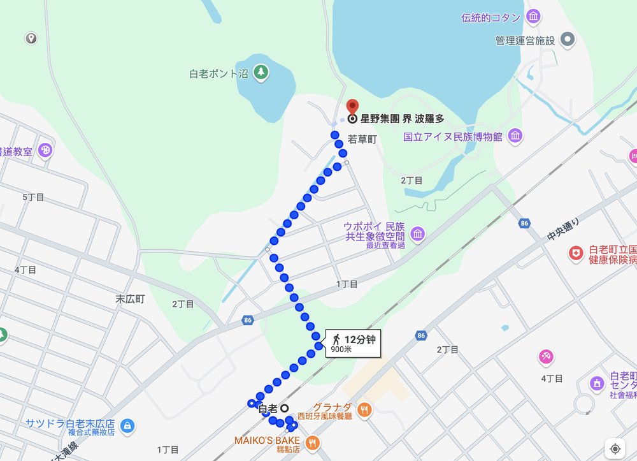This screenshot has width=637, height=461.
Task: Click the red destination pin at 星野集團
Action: click(x=352, y=106)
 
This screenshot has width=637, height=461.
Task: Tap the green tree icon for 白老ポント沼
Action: click(x=261, y=73)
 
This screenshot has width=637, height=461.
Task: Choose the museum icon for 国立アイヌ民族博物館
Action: click(x=515, y=136)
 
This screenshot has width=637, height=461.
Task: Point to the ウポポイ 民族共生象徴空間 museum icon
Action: click(x=417, y=234)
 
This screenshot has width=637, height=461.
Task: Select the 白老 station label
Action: click(x=267, y=408)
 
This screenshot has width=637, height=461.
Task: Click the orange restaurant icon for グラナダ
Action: click(x=364, y=409)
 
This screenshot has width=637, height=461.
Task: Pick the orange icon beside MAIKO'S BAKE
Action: click(x=312, y=441)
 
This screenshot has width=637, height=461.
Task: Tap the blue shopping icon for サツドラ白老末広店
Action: click(x=127, y=425)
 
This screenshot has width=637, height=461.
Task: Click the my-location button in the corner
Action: click(x=615, y=448)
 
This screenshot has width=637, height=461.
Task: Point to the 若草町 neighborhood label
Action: click(x=363, y=138)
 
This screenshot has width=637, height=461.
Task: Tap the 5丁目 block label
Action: click(x=33, y=197)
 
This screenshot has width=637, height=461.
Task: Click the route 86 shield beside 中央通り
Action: click(x=524, y=223)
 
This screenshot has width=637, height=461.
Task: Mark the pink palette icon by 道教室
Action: click(x=46, y=150)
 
